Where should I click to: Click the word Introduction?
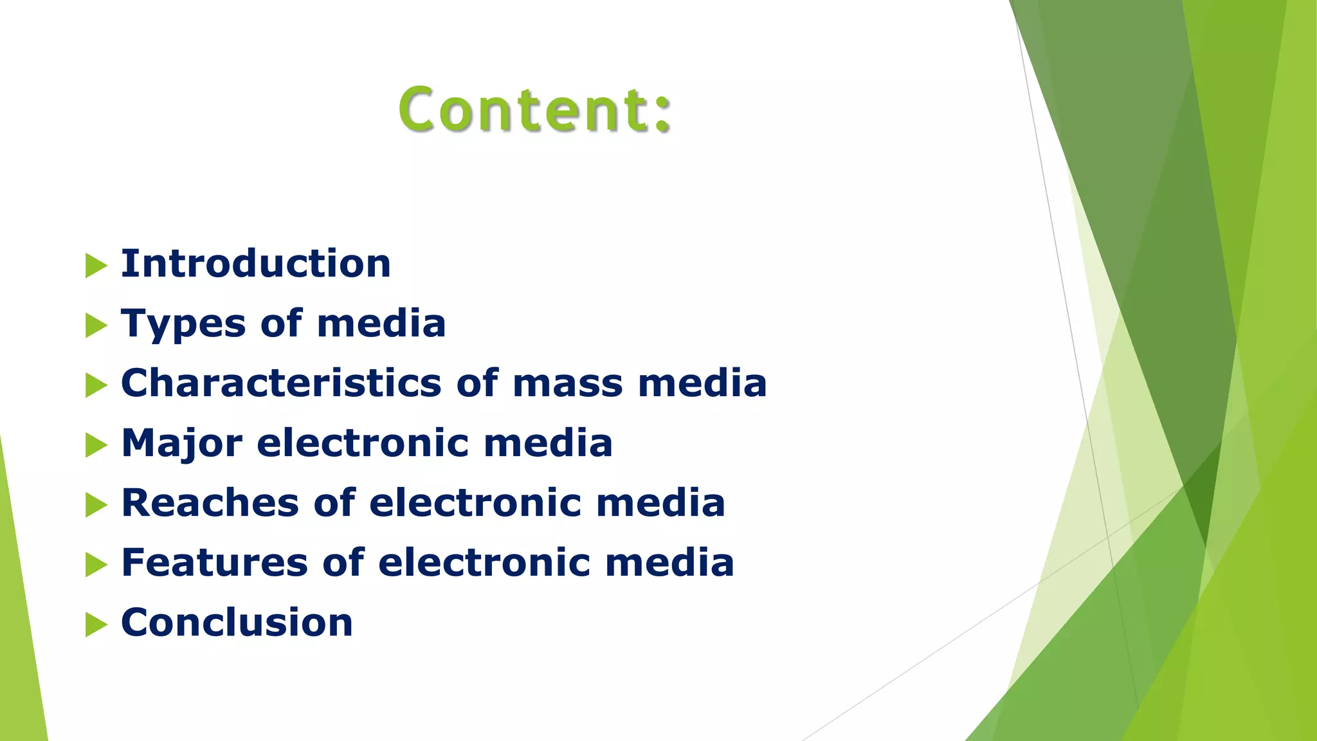coord(256,264)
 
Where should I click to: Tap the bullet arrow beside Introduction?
coord(96,266)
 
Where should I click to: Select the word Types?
coord(183,324)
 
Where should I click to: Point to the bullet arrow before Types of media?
coord(96,325)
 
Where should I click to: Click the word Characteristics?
coord(281,383)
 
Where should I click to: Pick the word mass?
coord(568,383)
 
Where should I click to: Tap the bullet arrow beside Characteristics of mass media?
coord(96,385)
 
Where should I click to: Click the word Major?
coord(182,443)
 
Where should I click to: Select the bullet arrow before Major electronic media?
coord(96,445)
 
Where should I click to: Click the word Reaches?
coord(210,503)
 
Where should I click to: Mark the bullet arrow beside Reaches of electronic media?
coord(96,505)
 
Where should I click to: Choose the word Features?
coord(215,563)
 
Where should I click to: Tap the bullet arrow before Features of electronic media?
coord(96,565)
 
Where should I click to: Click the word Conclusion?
coord(237,623)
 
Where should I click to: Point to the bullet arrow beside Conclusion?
coord(96,625)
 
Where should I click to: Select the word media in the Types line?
coord(381,324)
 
